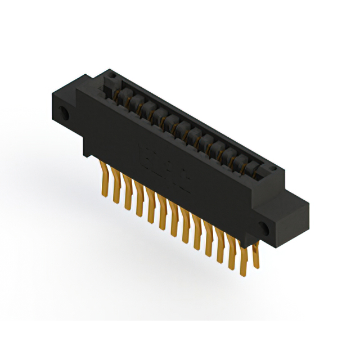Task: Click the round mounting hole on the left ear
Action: (64, 115)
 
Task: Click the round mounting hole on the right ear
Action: (262, 228)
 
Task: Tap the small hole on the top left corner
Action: (110, 73)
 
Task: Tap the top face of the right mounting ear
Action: (292, 194)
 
